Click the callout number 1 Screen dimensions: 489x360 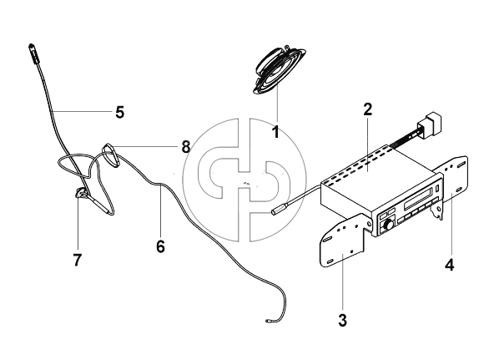[x=276, y=132]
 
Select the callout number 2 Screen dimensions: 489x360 [x=368, y=109]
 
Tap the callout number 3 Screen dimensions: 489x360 [x=342, y=321]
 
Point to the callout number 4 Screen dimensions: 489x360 [x=450, y=265]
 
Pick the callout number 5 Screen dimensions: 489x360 [x=120, y=112]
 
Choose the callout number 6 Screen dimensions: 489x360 [x=160, y=246]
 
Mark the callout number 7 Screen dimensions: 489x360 [x=78, y=260]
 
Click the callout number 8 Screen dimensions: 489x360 [x=186, y=146]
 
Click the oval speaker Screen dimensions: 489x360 [x=279, y=70]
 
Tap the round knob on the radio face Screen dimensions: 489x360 [x=389, y=225]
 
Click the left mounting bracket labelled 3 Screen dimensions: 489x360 [x=344, y=240]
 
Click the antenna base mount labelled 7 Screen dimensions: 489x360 [x=80, y=193]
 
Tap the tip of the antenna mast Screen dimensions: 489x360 [x=31, y=46]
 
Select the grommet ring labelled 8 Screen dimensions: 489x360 [x=110, y=154]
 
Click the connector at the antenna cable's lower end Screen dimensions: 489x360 [x=268, y=321]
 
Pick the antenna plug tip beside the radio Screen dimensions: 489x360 [x=276, y=211]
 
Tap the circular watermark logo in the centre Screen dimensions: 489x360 [x=244, y=180]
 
